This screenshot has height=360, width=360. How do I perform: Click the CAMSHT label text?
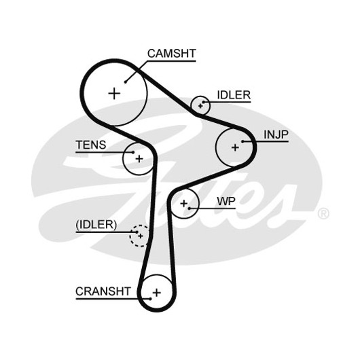coord(171,54)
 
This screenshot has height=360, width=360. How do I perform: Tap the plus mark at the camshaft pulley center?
coord(114,93)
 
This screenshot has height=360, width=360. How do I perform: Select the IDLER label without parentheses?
coord(234,95)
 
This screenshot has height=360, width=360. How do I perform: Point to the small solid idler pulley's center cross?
coord(200,106)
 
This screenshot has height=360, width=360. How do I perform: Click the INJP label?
coord(276,134)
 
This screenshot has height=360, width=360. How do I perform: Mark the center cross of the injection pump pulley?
coord(235,147)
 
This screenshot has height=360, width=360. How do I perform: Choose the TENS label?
coord(91,145)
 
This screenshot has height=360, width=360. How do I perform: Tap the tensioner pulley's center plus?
coord(139,159)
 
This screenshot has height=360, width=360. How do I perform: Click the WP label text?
coord(226,201)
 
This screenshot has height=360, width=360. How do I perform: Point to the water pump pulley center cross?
coord(183,203)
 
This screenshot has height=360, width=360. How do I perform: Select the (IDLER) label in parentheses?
coord(96,225)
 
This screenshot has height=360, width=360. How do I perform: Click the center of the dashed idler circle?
coord(141,236)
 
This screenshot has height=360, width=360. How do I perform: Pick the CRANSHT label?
coord(103,291)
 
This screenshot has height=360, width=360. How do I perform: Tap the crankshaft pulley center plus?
coord(157,293)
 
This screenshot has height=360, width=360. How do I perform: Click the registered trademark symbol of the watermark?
coord(323,213)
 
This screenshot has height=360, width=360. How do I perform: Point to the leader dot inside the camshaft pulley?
coord(126,82)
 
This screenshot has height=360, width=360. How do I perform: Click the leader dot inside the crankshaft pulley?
coord(150,299)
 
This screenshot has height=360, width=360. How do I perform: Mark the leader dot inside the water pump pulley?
coord(190,209)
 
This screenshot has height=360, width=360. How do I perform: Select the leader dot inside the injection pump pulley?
coord(242,141)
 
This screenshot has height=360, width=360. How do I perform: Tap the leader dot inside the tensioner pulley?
coord(133,152)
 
